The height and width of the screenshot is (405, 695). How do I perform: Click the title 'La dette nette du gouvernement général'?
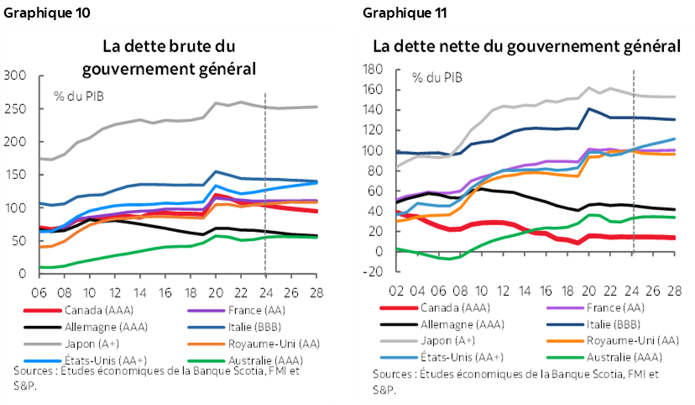click(x=526, y=45)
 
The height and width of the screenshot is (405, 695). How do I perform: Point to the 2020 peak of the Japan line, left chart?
click(x=217, y=103)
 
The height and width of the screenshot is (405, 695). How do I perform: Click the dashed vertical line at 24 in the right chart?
click(x=634, y=168)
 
